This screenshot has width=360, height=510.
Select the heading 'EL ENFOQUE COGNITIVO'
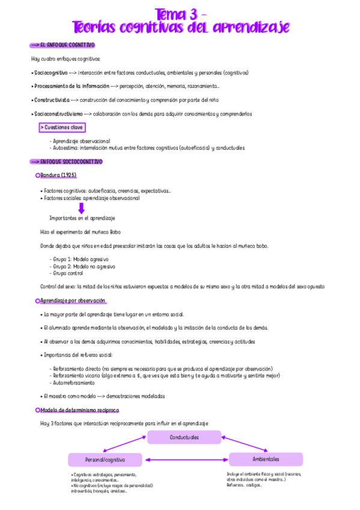point(67,45)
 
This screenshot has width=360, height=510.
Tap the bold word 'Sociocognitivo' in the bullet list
point(50,73)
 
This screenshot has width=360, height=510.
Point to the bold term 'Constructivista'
point(52,100)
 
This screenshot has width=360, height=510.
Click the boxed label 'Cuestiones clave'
point(63,127)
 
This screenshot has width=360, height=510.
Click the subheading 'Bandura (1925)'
point(58,175)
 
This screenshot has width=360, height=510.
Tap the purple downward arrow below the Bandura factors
point(82,208)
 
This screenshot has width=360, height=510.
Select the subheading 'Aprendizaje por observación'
point(73,300)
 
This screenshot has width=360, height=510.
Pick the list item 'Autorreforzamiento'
point(73,382)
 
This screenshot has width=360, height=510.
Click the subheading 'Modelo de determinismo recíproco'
point(79,410)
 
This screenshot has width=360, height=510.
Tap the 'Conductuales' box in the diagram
point(184,437)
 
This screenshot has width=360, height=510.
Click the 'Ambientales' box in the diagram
point(265,459)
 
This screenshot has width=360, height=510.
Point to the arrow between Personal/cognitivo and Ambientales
point(186,461)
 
